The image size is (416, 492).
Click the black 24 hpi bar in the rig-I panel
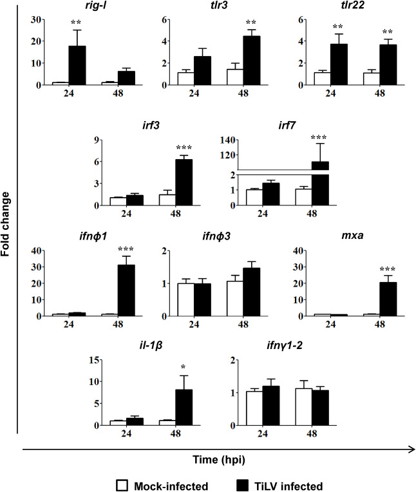point(77,65)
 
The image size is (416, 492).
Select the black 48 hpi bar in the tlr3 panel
point(252,61)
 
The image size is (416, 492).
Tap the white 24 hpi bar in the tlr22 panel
point(322,79)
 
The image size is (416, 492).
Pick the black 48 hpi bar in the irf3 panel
point(184,182)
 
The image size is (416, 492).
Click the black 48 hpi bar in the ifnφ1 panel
point(126,290)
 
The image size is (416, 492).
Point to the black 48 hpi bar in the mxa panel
point(388,299)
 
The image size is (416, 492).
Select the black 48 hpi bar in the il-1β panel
point(184,408)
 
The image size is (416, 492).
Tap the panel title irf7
point(287,126)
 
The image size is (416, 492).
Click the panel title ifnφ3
point(216,236)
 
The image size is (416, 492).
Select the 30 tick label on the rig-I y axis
point(36,19)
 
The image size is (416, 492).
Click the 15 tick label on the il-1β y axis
point(94,360)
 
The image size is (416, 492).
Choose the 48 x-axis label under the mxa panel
point(379,323)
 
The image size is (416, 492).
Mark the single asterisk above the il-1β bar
point(184,367)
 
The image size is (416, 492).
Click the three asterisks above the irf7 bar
point(319,137)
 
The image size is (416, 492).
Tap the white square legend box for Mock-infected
point(122,485)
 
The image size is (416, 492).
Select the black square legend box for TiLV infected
point(243,485)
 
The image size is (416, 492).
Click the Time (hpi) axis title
point(219,460)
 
